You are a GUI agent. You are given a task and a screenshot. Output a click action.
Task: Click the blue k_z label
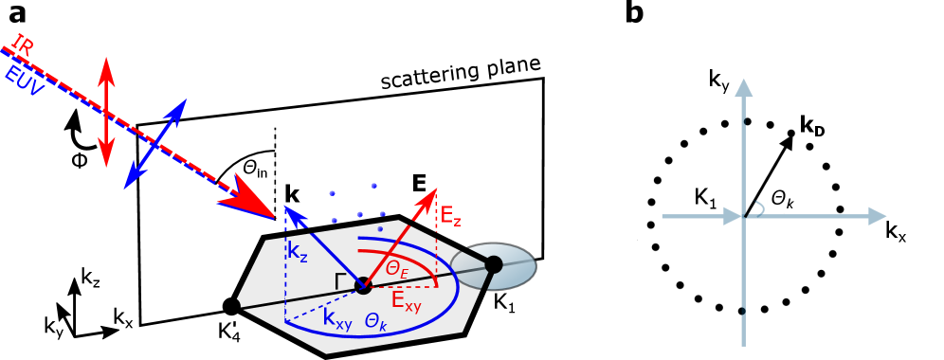(298, 252)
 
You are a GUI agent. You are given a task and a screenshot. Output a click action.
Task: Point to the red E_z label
(451, 218)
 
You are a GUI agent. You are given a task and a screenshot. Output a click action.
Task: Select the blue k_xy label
(337, 321)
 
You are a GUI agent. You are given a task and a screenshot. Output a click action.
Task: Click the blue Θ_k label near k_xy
(378, 321)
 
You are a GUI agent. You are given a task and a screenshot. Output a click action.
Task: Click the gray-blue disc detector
(493, 266)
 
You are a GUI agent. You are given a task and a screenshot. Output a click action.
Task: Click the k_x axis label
(896, 232)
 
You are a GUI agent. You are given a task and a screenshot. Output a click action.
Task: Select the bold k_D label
(812, 124)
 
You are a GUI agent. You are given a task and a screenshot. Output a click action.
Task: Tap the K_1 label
(707, 197)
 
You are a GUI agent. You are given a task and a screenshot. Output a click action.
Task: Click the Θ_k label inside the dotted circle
(784, 198)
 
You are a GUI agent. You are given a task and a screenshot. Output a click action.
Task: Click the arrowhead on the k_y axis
(745, 86)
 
